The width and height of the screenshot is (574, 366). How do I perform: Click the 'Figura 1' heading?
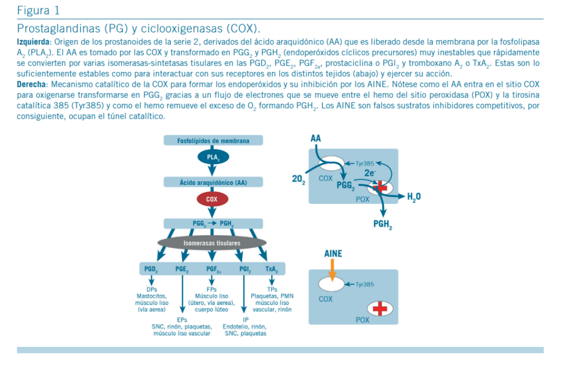pyautogui.click(x=38, y=10)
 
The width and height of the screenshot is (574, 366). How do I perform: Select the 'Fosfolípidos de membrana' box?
pyautogui.click(x=213, y=141)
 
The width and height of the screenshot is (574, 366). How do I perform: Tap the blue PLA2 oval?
pyautogui.click(x=213, y=157)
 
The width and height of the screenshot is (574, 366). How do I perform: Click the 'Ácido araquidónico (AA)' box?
pyautogui.click(x=213, y=182)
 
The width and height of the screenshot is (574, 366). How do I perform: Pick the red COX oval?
pyautogui.click(x=212, y=199)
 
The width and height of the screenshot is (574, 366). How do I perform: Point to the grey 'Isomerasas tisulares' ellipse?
pyautogui.click(x=212, y=243)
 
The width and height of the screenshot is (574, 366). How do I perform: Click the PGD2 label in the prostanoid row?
pyautogui.click(x=151, y=269)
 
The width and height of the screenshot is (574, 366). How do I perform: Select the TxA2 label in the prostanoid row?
pyautogui.click(x=272, y=269)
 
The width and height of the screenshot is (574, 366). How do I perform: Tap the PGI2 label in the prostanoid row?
pyautogui.click(x=245, y=269)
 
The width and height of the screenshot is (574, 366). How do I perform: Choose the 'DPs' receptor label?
pyautogui.click(x=151, y=289)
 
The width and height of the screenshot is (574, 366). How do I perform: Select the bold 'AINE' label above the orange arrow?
pyautogui.click(x=333, y=254)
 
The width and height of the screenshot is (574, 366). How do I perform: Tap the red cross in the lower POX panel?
pyautogui.click(x=380, y=308)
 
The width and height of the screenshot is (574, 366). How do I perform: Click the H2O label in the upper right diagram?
pyautogui.click(x=414, y=197)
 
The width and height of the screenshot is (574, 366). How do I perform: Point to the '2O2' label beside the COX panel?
pyautogui.click(x=298, y=179)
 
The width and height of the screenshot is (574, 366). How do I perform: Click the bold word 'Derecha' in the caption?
pyautogui.click(x=33, y=84)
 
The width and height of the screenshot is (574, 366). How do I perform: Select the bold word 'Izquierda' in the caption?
pyautogui.click(x=34, y=41)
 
